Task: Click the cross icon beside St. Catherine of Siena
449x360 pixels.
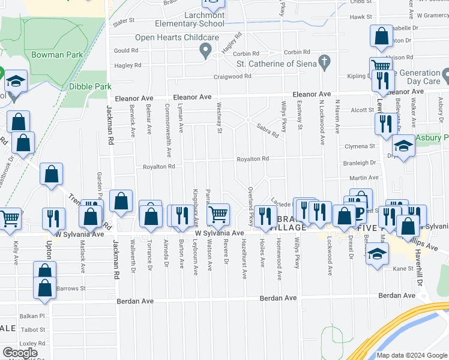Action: pyautogui.click(x=325, y=61)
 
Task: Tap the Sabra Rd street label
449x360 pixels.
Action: pyautogui.click(x=268, y=131)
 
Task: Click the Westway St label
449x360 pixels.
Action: pyautogui.click(x=220, y=122)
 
